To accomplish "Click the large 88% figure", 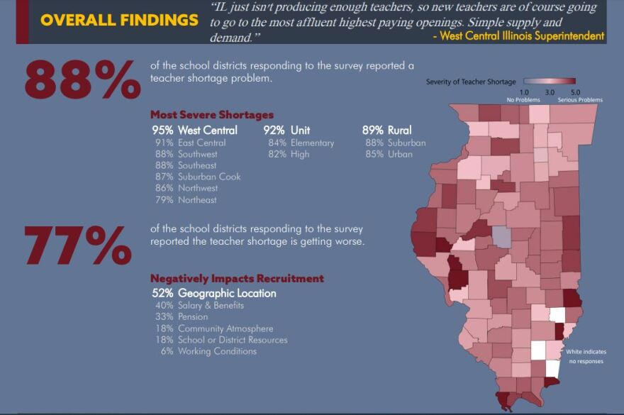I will [x=82, y=80].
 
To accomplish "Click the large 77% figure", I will [x=78, y=245].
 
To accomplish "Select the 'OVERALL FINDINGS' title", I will [x=119, y=20].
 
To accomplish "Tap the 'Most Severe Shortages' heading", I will [x=211, y=115].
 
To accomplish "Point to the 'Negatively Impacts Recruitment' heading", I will [x=237, y=279].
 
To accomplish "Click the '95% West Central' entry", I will [x=195, y=131].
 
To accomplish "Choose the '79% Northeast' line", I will [x=186, y=200].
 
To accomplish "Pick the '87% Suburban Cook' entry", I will [x=198, y=177].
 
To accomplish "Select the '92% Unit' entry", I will [x=286, y=131].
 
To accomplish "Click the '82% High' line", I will [x=289, y=154].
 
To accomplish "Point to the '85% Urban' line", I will [x=389, y=154].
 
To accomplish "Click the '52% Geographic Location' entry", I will [x=214, y=293].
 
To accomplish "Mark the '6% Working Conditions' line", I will [x=199, y=352].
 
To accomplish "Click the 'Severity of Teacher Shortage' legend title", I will [x=471, y=82].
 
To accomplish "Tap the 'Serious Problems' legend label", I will [x=579, y=100].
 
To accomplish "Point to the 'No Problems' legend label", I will [x=523, y=100].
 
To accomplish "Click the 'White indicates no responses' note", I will [x=585, y=357].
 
